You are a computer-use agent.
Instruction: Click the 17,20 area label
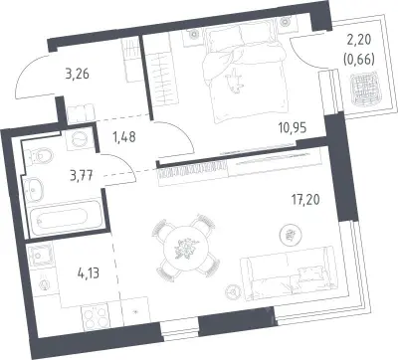306,200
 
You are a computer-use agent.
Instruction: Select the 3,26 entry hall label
78,74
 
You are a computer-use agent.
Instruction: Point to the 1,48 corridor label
124,136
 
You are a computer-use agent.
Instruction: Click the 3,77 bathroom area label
81,175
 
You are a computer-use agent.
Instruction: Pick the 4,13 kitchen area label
88,273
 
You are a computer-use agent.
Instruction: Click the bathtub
65,218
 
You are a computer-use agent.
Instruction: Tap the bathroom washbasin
33,189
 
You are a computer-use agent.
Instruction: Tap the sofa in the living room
289,273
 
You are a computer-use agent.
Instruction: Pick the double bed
245,74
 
